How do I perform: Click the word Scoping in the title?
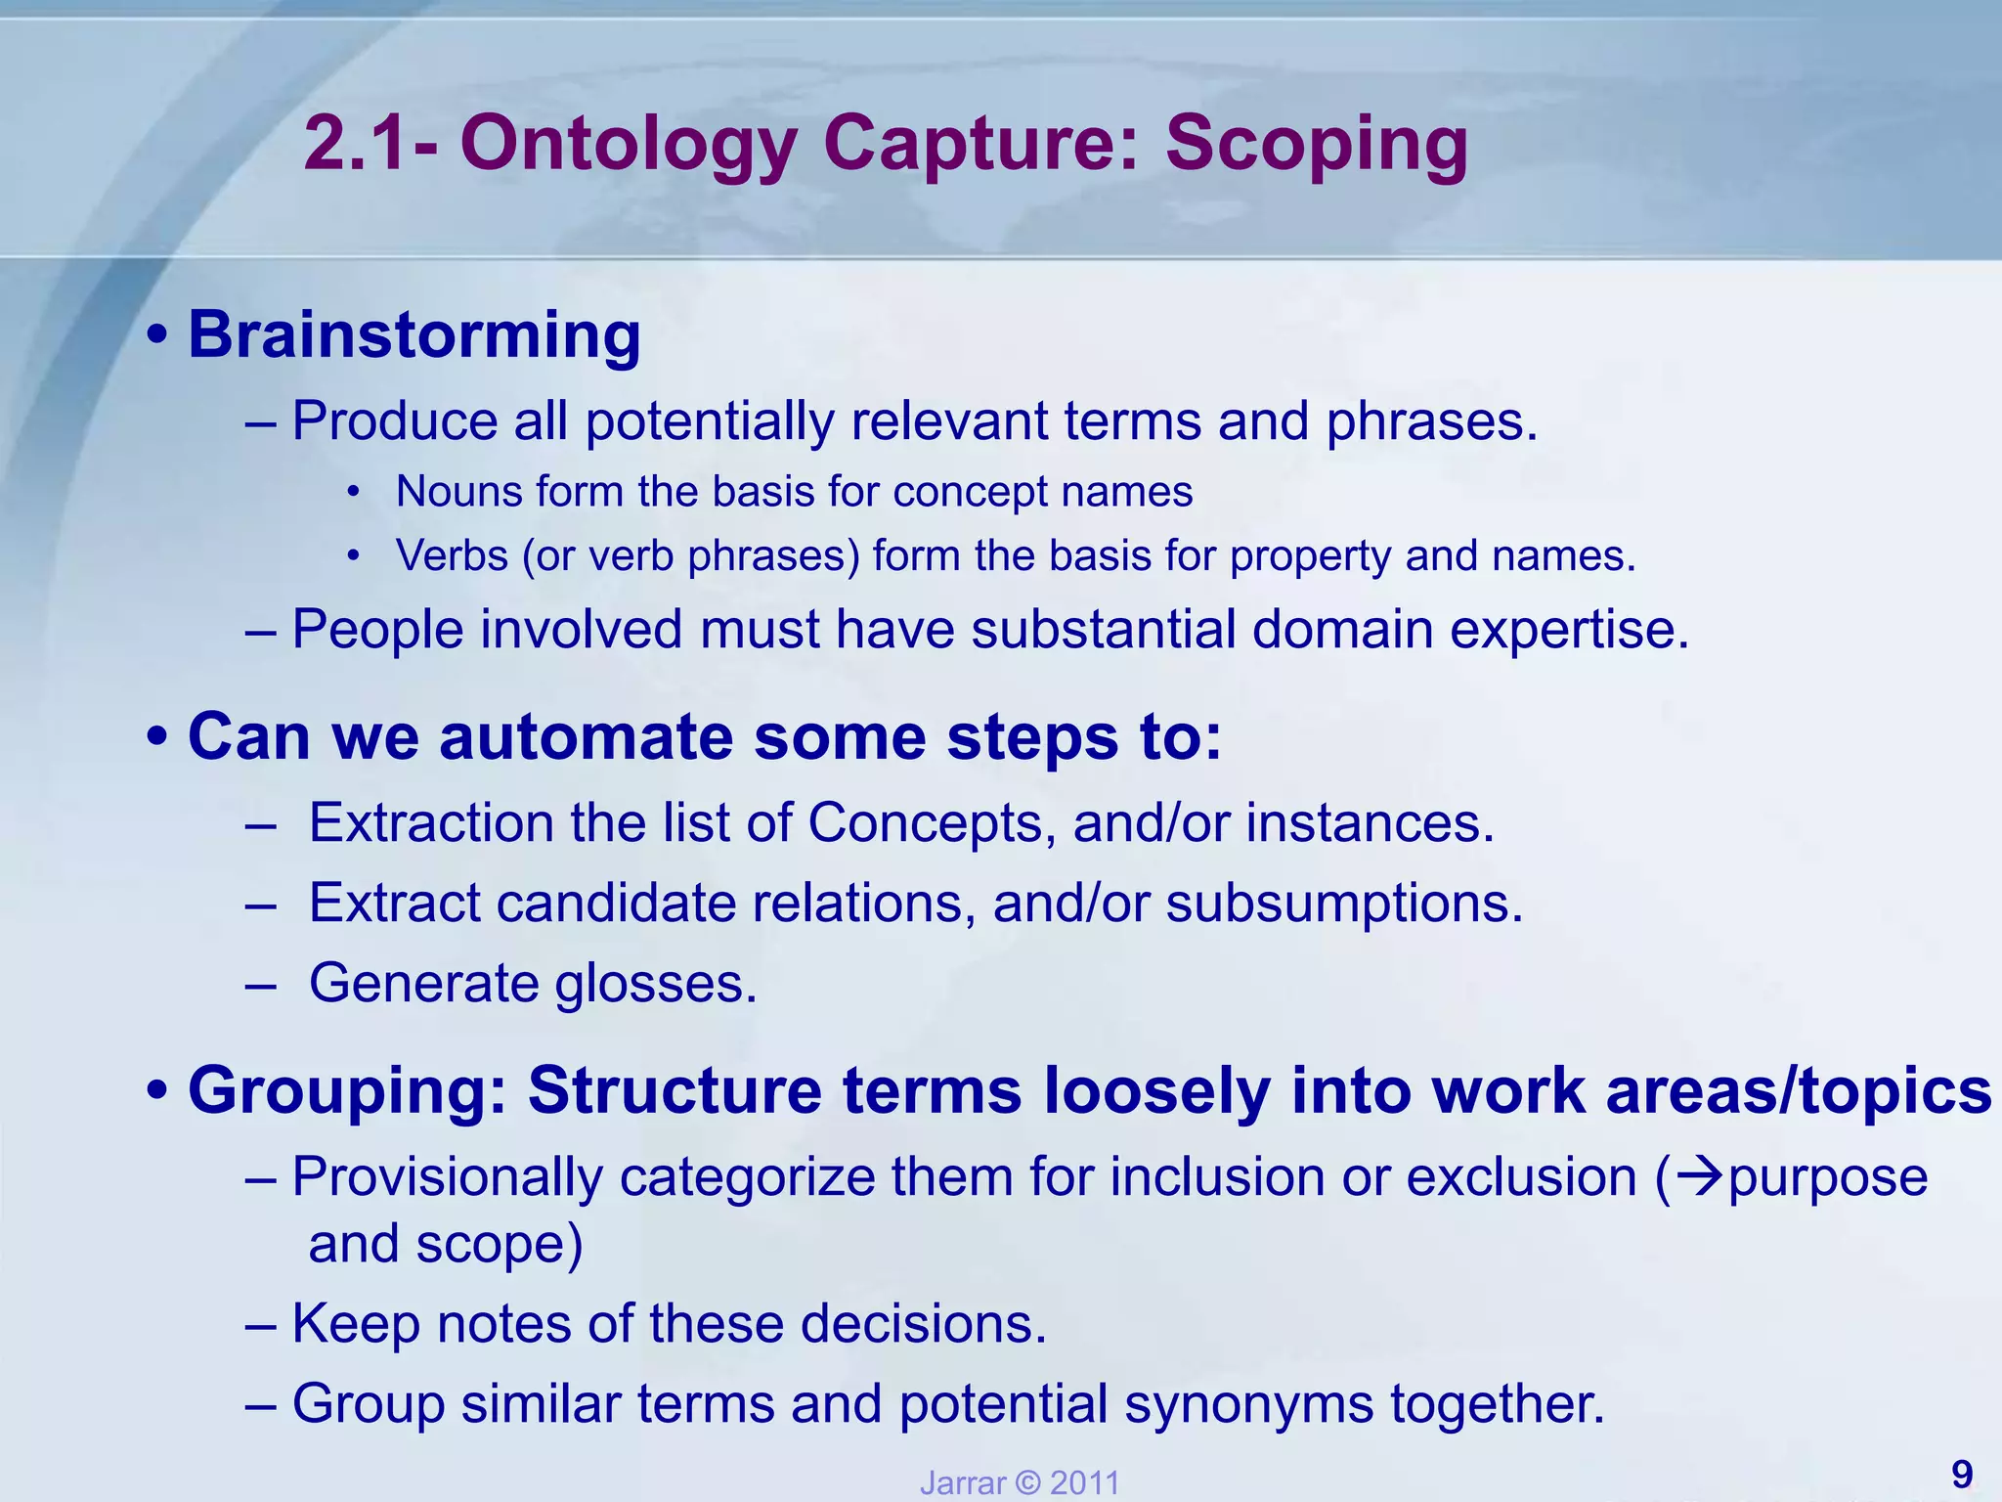point(1316,144)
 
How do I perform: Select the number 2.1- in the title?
point(370,144)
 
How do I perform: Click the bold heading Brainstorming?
point(413,334)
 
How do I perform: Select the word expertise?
point(1569,629)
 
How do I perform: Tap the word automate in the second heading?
point(584,736)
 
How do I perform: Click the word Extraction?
point(431,822)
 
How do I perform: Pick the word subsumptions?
point(1344,902)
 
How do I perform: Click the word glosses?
point(656,983)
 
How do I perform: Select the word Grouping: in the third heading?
point(348,1090)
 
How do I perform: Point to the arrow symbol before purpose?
point(1700,1176)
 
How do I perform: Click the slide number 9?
point(1961,1473)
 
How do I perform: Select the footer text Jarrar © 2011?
point(1020,1482)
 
